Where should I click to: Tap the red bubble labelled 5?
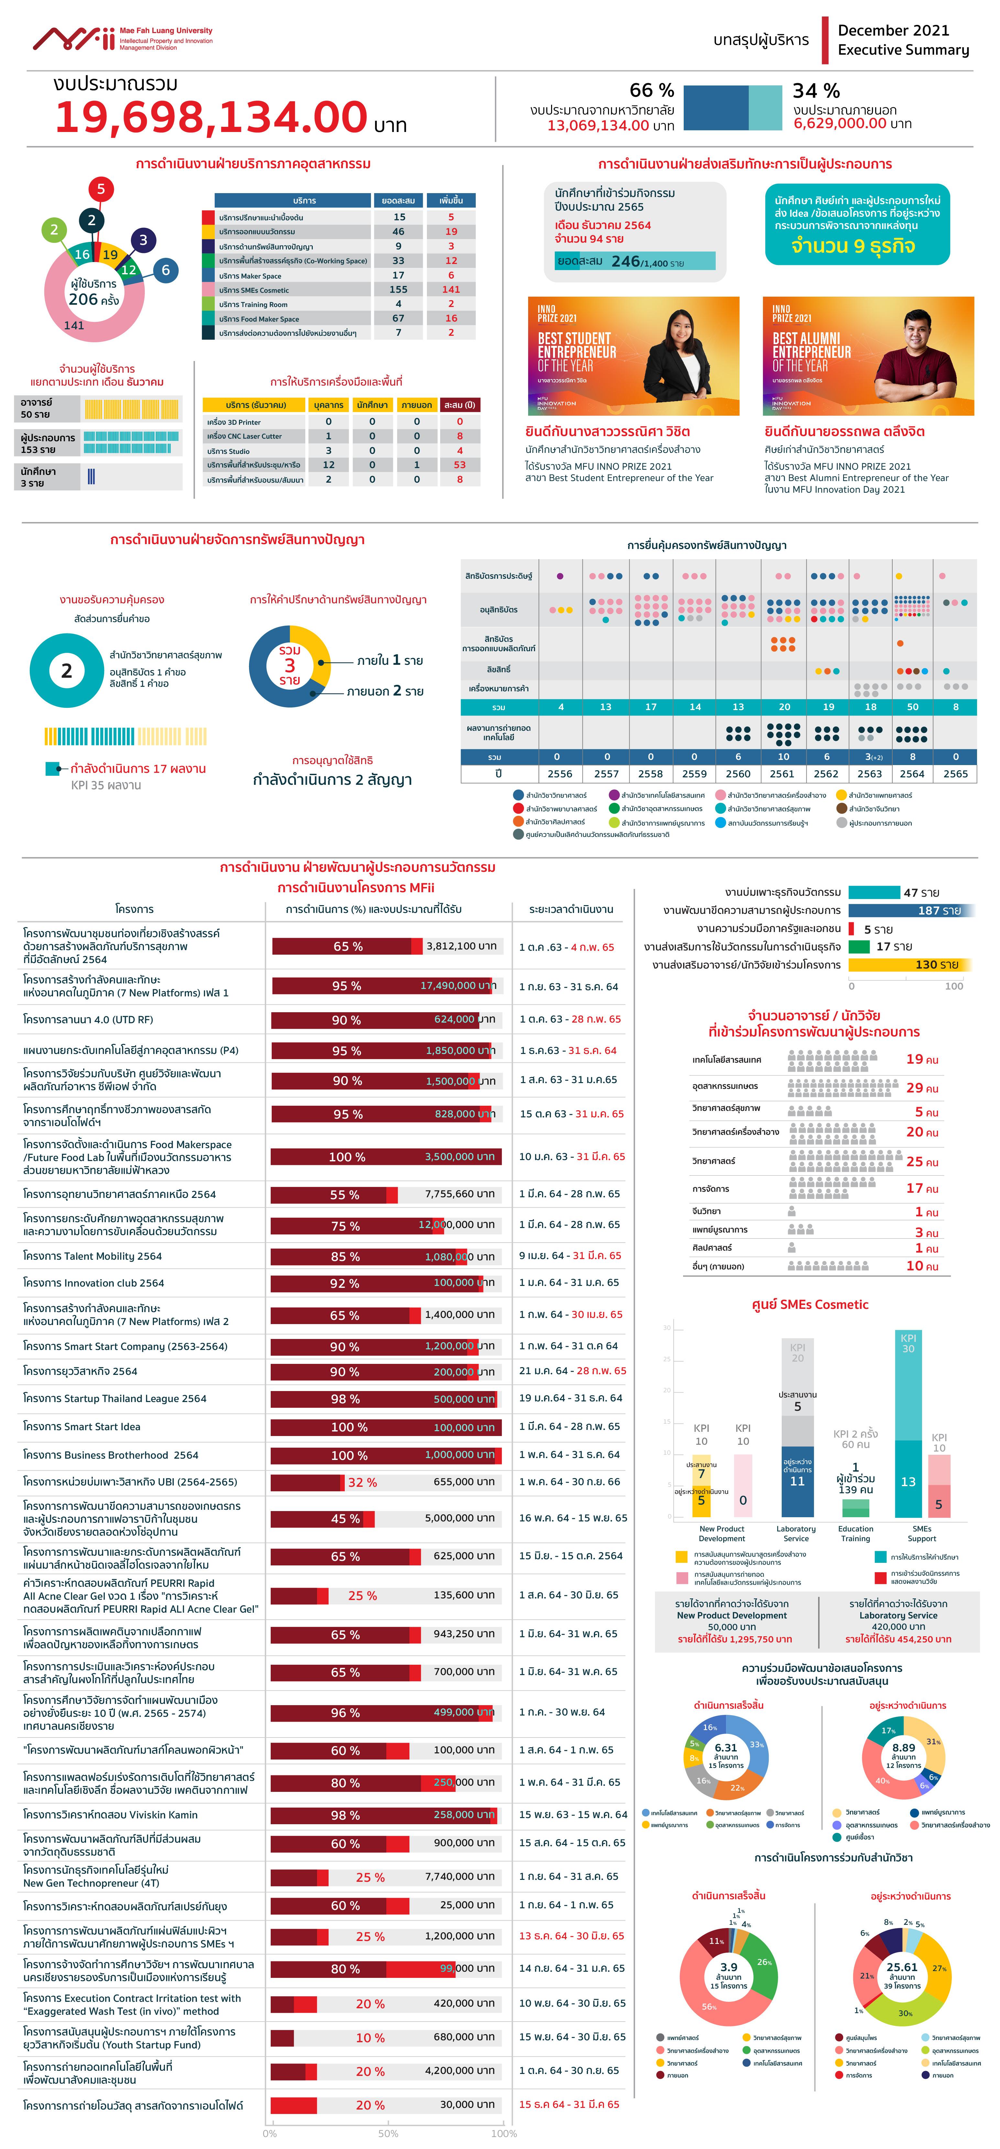coord(101,189)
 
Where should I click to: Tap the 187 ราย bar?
coord(910,910)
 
